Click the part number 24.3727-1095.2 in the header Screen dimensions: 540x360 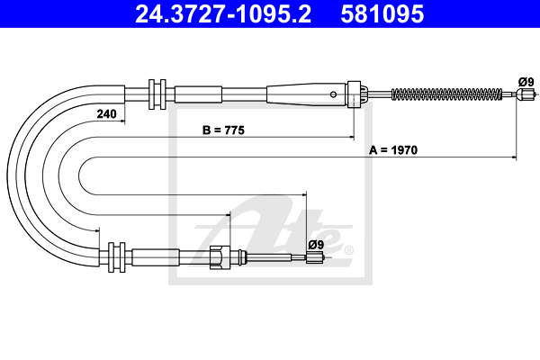click(x=223, y=14)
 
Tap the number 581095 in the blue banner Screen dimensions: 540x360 click(x=382, y=14)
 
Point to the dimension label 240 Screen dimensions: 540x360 click(x=107, y=113)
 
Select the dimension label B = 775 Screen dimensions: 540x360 click(x=223, y=130)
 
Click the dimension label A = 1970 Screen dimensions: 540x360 click(x=393, y=150)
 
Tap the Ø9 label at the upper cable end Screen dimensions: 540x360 click(x=526, y=82)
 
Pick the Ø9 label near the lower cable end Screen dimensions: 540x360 click(x=316, y=245)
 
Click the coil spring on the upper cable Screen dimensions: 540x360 click(x=446, y=94)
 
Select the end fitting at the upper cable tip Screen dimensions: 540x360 click(x=526, y=94)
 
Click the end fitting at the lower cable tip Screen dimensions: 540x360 click(x=315, y=257)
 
